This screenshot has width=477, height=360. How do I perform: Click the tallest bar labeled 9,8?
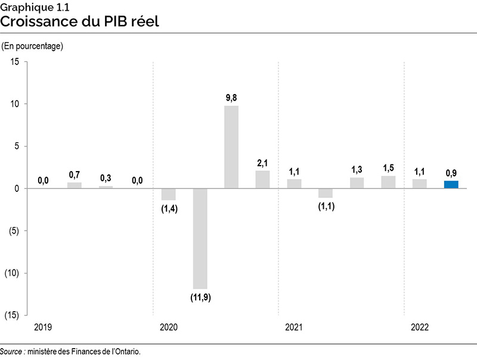click(231, 147)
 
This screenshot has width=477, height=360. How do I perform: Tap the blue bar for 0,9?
click(451, 185)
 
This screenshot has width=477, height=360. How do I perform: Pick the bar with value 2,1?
click(262, 179)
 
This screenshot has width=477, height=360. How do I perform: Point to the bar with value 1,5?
click(388, 182)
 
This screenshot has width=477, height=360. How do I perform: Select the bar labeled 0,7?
click(74, 185)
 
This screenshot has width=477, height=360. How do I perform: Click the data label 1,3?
click(357, 169)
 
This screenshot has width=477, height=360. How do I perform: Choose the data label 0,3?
click(106, 178)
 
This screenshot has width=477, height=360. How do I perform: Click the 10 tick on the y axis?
click(15, 104)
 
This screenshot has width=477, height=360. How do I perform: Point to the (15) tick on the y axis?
click(12, 315)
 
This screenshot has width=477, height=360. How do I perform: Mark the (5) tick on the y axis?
click(14, 231)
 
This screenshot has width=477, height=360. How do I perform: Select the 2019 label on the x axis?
click(43, 328)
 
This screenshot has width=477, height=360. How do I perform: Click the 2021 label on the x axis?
click(294, 328)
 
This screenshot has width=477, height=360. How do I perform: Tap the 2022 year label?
click(420, 328)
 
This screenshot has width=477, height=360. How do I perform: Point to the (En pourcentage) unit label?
click(33, 46)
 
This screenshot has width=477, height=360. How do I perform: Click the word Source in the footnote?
click(11, 352)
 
